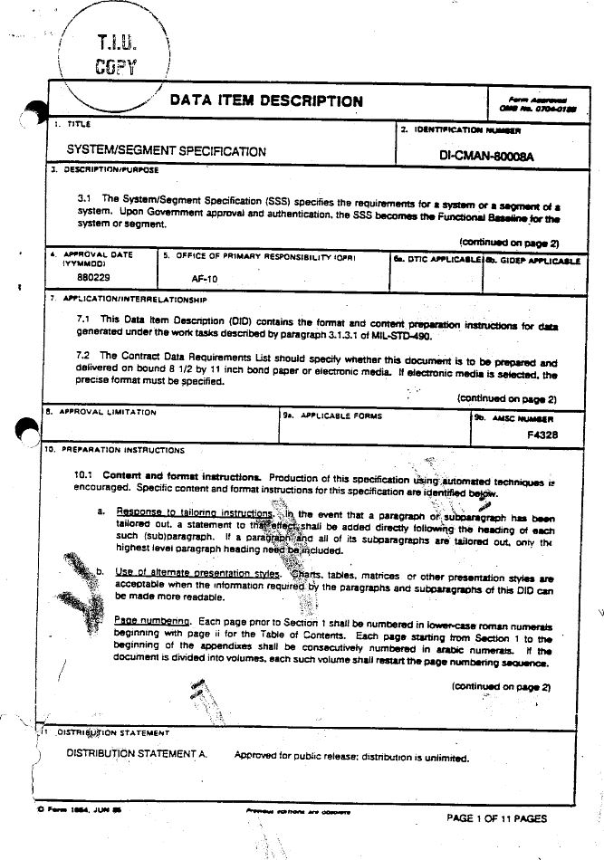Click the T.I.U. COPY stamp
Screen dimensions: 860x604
point(115,53)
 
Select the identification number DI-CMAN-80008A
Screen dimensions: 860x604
point(487,156)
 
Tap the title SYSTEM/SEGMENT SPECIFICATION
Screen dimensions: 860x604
point(167,151)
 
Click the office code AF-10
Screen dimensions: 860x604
point(205,279)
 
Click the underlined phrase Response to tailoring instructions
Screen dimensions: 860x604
point(194,511)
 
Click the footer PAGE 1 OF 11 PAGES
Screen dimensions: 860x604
point(497,818)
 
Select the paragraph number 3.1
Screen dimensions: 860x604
point(86,197)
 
